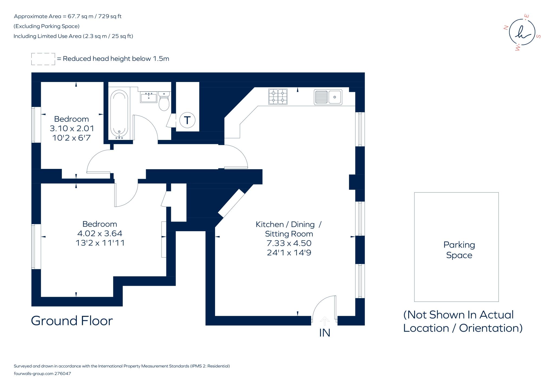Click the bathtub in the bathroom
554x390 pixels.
[x=119, y=114]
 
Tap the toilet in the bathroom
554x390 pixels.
[x=164, y=101]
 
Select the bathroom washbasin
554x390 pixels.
[x=149, y=97]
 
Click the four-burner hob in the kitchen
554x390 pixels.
[x=278, y=97]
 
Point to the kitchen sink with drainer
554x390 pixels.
[x=328, y=97]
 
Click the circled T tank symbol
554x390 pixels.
[x=187, y=120]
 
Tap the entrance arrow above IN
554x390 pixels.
[x=325, y=321]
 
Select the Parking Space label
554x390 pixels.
[x=459, y=250]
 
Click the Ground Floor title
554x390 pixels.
[x=72, y=321]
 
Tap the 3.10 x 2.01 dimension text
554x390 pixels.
[x=72, y=128]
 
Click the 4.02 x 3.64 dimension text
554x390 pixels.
[x=100, y=233]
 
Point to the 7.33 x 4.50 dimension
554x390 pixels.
[x=289, y=243]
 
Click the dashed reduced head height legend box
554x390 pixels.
[x=43, y=59]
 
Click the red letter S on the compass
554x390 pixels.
[x=538, y=36]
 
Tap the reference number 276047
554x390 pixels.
[x=63, y=373]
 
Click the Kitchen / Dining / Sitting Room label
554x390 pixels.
[x=289, y=229]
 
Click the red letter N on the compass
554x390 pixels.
[x=505, y=27]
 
